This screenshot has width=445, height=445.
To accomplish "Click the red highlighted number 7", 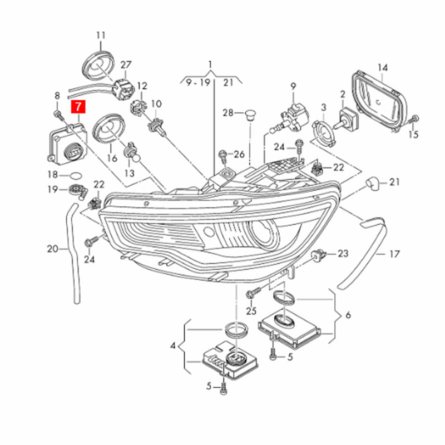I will pos(78,106).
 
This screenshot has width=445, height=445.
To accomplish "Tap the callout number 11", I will pos(101,35).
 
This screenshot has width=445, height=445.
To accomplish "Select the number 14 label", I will pos(382,68).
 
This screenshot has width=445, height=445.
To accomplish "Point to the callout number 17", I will pos(394,254).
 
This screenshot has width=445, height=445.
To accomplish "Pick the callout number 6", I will pos(348,315).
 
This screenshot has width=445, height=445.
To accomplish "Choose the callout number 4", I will pos(173,346).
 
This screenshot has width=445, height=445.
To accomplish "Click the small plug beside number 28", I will pos(250,116).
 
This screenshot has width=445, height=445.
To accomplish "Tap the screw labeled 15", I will pos(414,118).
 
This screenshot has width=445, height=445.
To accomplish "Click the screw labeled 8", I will pos(57,114).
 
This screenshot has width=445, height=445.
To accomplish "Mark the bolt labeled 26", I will pos(224,154).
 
